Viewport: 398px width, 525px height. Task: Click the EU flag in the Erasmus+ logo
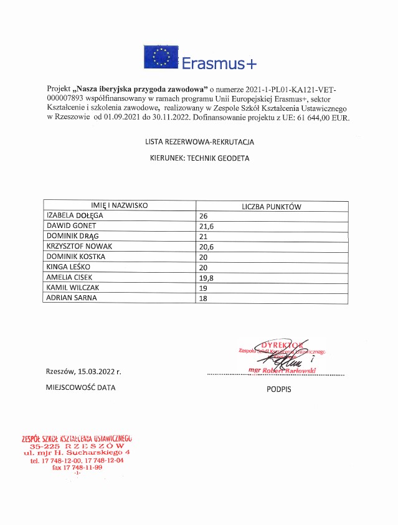tap(161, 57)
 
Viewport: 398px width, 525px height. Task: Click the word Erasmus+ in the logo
tap(219, 63)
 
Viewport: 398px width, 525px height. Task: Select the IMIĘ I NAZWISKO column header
tap(119, 206)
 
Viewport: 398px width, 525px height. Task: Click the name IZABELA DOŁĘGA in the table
tap(75, 215)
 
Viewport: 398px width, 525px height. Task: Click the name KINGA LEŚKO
tap(68, 267)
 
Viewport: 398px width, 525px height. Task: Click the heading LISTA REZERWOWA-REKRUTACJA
tap(199, 142)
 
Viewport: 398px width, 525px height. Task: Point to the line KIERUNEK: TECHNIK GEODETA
tap(199, 159)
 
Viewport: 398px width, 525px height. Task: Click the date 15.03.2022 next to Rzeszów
tap(100, 372)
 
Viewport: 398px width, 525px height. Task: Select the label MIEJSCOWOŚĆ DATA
tap(80, 387)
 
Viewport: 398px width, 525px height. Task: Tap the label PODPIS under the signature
tap(278, 389)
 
